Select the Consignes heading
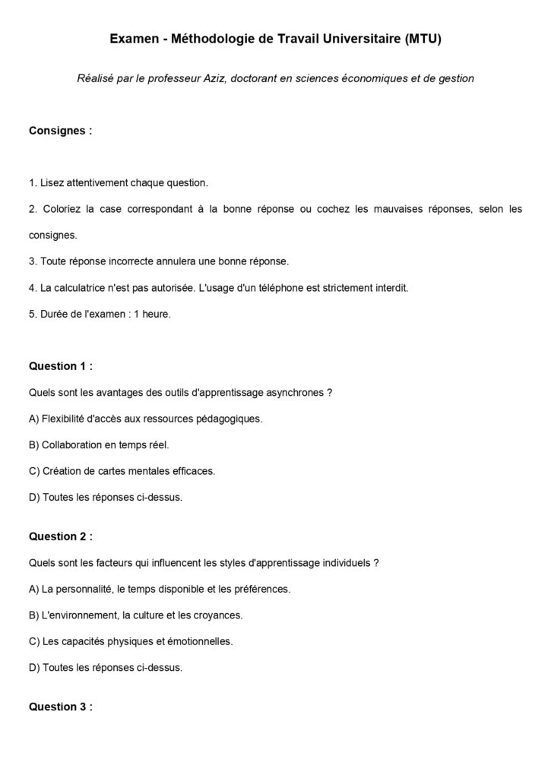pos(60,130)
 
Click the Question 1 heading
pos(61,365)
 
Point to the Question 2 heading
pos(61,536)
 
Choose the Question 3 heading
pos(61,706)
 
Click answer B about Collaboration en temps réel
pos(99,444)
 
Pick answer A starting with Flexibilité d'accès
pos(145,419)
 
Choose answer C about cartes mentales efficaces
pos(122,471)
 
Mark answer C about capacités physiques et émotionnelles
pos(131,641)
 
